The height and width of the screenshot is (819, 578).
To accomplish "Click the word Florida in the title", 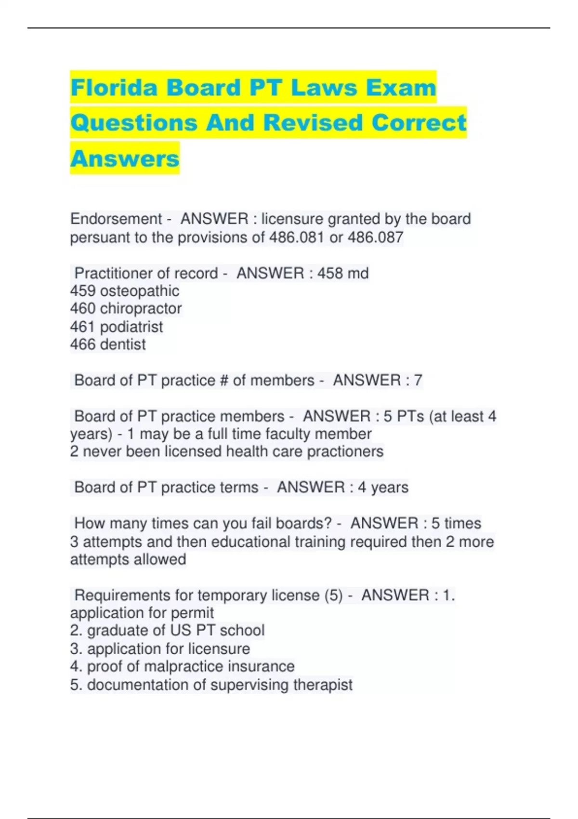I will tap(114, 88).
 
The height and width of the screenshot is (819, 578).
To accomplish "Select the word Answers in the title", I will tap(125, 159).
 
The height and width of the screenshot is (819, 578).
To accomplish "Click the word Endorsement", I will tap(116, 219).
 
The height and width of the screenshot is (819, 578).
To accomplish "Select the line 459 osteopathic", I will tap(124, 291).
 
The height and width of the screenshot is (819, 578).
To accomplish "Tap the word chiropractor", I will tap(141, 309).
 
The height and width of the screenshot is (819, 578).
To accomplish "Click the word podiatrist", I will tap(131, 327).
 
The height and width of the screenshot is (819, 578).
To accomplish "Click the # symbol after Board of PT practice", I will tap(223, 381).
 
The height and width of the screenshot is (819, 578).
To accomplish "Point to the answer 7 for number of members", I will tap(418, 381).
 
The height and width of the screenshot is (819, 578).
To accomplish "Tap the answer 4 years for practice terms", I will tap(382, 488).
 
